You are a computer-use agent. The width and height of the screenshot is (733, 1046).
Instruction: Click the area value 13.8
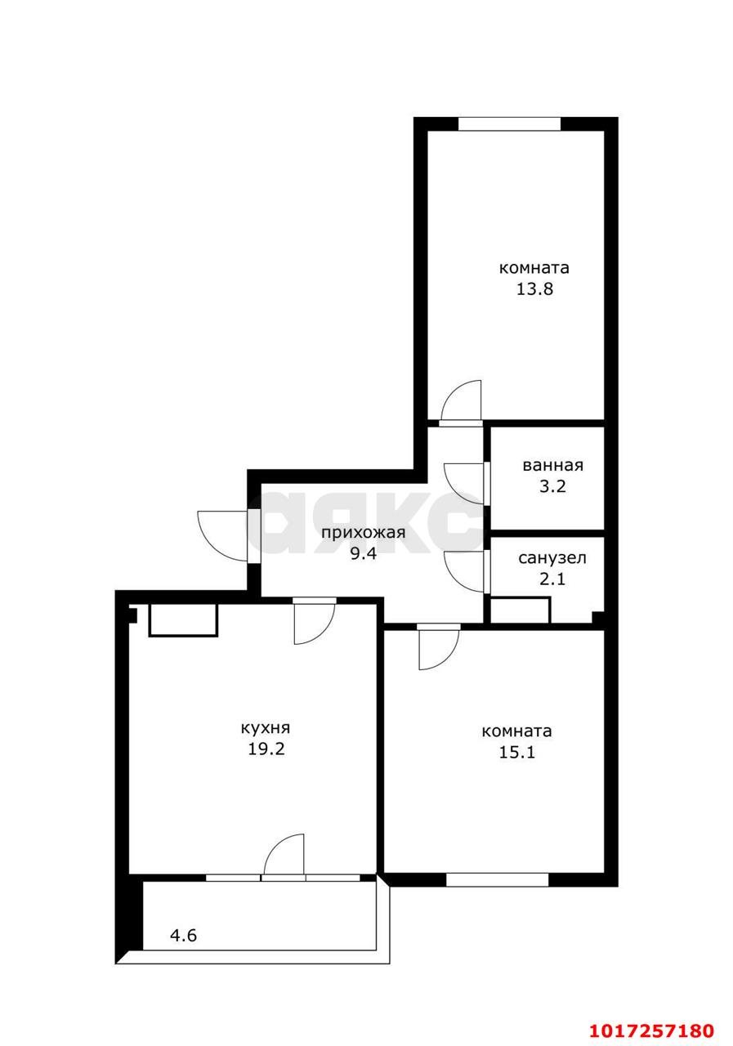point(534,289)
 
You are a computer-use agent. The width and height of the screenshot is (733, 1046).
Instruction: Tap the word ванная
point(552,466)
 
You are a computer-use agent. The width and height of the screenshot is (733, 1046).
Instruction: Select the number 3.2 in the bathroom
point(552,486)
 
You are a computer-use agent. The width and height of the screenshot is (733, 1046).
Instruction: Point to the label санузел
point(552,557)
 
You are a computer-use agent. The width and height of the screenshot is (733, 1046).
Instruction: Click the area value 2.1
point(552,579)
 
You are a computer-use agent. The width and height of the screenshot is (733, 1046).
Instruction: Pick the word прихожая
point(364,533)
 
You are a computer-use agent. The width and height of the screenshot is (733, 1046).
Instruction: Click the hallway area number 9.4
point(364,554)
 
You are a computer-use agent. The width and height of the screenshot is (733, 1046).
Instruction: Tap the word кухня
point(266,727)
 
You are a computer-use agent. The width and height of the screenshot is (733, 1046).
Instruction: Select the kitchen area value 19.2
point(266,749)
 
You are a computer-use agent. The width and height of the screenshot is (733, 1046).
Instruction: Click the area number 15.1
point(516,753)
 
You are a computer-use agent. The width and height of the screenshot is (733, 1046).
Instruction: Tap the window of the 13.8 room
point(509,123)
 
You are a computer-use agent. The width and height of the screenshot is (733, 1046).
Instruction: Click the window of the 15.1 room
point(497,880)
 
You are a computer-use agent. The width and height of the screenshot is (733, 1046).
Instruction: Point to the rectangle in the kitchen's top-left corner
point(184,620)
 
